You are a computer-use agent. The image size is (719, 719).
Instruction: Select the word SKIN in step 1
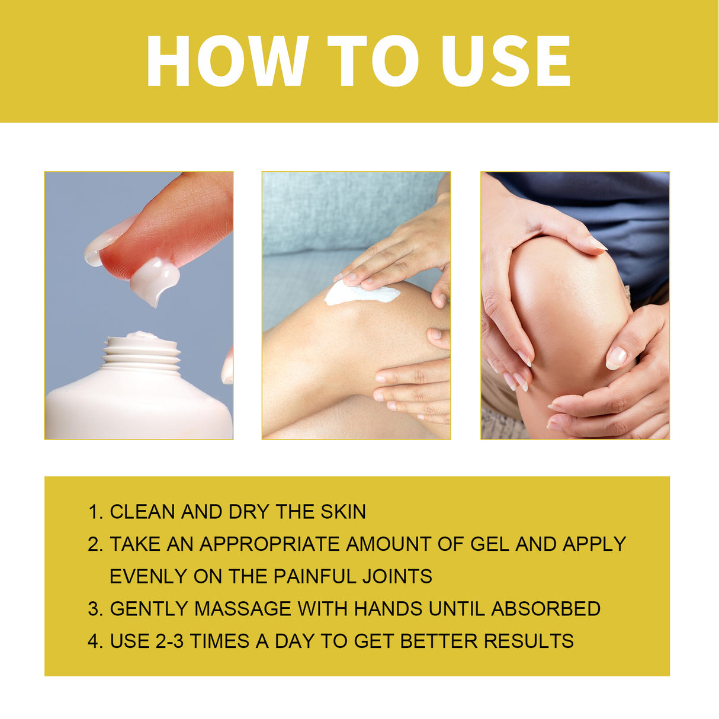[344, 512]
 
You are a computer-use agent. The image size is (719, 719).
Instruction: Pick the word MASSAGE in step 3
[243, 609]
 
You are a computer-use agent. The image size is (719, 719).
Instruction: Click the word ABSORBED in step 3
[545, 609]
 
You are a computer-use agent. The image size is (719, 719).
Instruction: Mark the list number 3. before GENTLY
[95, 609]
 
